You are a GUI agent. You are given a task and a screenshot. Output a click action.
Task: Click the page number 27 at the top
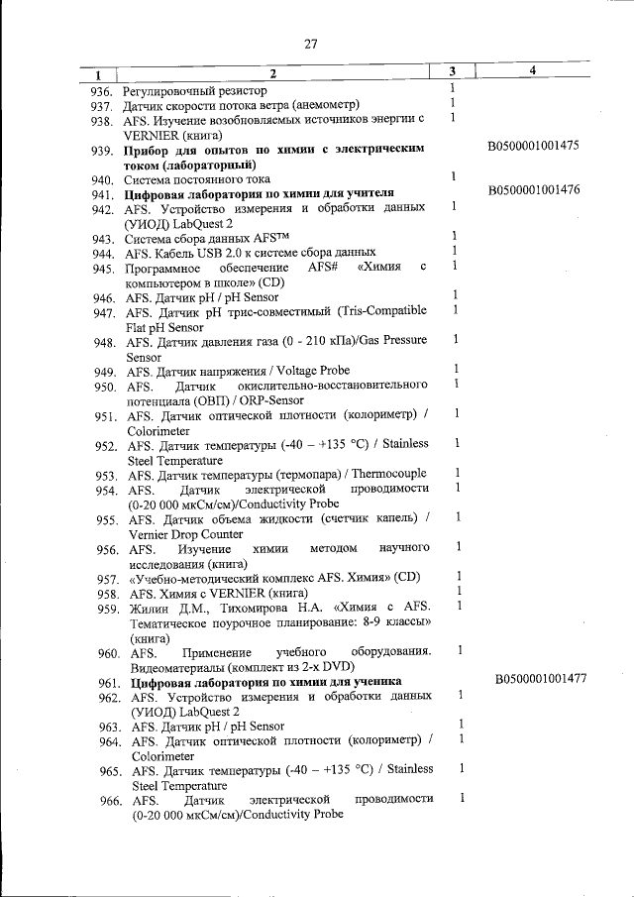(x=310, y=44)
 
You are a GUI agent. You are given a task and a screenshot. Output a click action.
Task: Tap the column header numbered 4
(x=532, y=71)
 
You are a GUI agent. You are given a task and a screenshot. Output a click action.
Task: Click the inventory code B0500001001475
(x=534, y=146)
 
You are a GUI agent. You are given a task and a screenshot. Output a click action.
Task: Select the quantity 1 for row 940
(x=452, y=176)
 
